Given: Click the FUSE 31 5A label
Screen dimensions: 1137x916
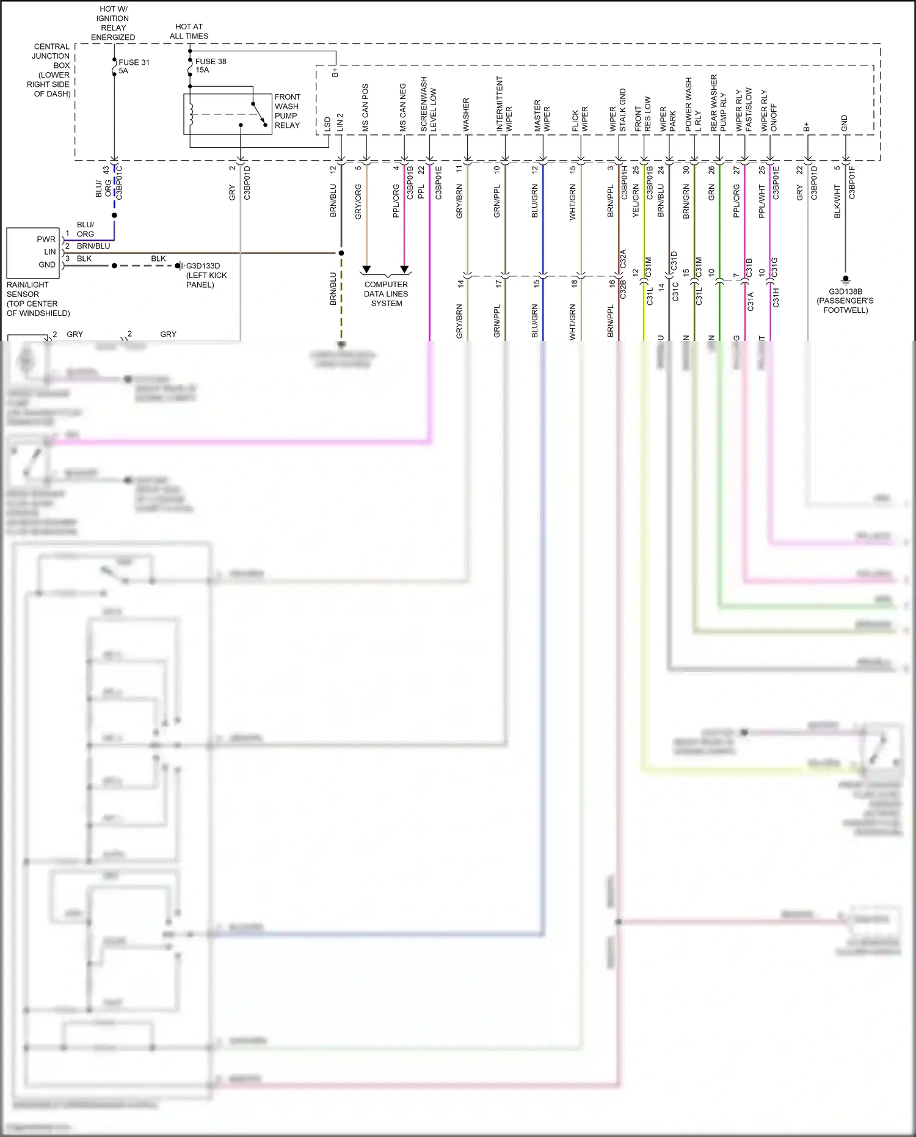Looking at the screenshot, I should point(134,67).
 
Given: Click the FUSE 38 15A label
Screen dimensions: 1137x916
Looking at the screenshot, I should point(210,65).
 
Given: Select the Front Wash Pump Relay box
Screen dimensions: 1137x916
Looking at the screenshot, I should point(228,114).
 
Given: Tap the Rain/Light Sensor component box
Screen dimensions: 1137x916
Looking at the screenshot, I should point(33,252).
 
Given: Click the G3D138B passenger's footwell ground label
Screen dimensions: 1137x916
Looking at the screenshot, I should point(845,301).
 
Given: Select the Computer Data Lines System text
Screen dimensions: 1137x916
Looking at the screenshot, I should point(386,294).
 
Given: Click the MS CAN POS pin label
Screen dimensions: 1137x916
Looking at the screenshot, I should point(365,108).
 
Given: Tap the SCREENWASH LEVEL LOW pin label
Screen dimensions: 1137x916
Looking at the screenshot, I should point(429,104).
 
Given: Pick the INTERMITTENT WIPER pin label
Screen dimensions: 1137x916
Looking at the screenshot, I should point(504,104).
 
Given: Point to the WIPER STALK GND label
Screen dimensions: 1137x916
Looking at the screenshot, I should point(618,111).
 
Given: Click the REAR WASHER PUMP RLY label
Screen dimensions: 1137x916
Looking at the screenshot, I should point(718,103).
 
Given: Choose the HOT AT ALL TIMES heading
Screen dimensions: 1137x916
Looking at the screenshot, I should point(189,31).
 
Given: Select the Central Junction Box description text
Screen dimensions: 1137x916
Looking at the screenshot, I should point(51,70).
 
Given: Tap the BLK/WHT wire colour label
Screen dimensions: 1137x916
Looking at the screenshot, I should point(837,201).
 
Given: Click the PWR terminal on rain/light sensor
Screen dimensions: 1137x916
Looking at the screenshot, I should point(46,239).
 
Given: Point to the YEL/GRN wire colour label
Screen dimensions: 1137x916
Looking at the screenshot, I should point(636,201).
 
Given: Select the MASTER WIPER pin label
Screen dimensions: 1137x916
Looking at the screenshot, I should point(542,115).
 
